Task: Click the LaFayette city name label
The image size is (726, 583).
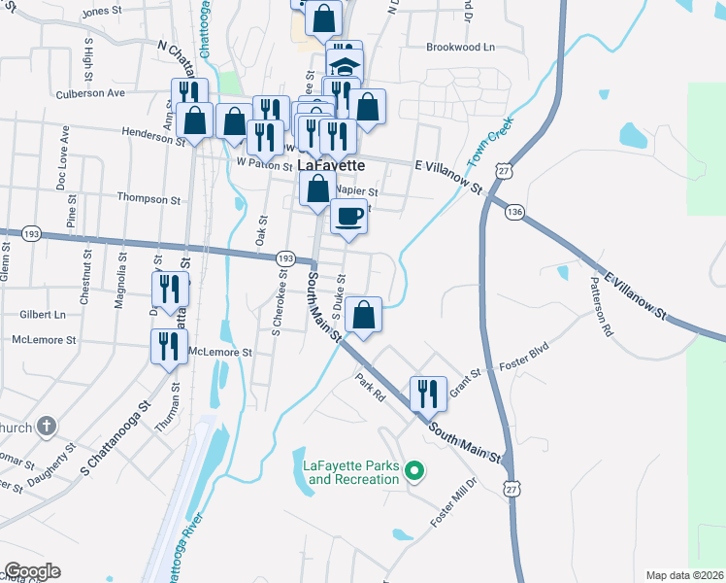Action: click(x=330, y=164)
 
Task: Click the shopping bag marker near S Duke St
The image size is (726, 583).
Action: click(x=363, y=316)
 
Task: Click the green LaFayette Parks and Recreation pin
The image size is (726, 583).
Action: click(x=415, y=472)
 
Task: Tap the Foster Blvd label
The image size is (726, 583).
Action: click(x=524, y=359)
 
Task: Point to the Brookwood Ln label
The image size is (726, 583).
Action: click(x=460, y=47)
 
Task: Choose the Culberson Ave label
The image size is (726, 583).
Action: click(x=91, y=93)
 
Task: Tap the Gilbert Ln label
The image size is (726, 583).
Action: click(x=43, y=315)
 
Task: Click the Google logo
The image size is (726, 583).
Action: click(x=32, y=571)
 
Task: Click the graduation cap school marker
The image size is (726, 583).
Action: click(x=344, y=67)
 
